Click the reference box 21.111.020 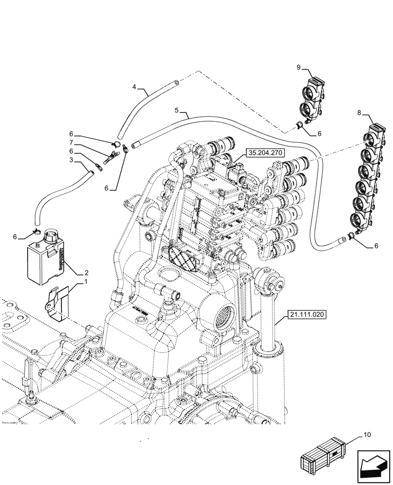(x=307, y=314)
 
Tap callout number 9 (x=299, y=67)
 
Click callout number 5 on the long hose (x=178, y=111)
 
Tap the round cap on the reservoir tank (x=50, y=236)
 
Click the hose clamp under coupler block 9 (x=301, y=127)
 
